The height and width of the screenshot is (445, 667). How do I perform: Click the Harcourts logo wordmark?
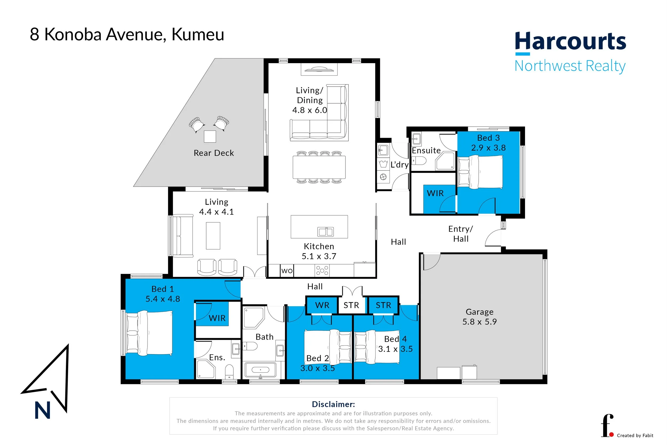click(x=570, y=41)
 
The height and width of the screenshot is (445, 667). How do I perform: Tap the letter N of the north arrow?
click(x=42, y=410)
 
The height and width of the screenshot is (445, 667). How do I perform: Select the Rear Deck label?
click(x=214, y=153)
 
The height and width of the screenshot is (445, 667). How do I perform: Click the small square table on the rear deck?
click(x=210, y=136)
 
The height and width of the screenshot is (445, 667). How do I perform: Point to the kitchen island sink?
click(x=325, y=232)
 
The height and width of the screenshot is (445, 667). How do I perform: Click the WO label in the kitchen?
click(x=287, y=271)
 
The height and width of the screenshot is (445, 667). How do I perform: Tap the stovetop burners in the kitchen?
click(x=322, y=270)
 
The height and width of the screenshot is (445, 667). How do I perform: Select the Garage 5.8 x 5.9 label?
click(x=479, y=317)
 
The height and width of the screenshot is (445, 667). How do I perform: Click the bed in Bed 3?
click(x=480, y=172)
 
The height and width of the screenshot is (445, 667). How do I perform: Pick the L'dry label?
click(x=399, y=165)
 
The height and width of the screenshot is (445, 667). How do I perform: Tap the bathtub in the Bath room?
click(x=260, y=370)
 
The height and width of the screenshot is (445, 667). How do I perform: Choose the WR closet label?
click(x=322, y=305)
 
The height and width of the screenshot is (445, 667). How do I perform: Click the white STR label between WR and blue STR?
click(x=351, y=305)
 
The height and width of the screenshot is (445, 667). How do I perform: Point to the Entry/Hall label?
click(x=460, y=234)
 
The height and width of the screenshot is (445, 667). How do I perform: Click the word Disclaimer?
click(x=333, y=404)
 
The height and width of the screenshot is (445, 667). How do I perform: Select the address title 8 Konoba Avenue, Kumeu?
click(x=127, y=35)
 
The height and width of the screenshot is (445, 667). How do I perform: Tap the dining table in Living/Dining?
click(x=319, y=167)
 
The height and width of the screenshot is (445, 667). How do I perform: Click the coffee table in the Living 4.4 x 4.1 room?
click(x=213, y=236)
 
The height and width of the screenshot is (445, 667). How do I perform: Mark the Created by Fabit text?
click(x=635, y=435)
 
